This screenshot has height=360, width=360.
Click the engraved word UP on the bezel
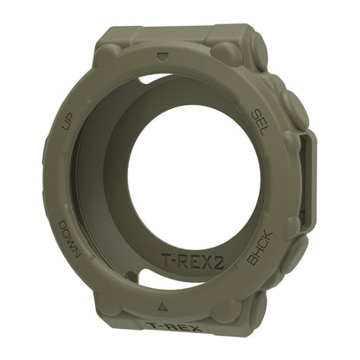[x=68, y=123]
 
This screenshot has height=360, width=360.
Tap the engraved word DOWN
[x=69, y=240]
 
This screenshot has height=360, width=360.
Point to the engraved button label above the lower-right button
[x=260, y=247]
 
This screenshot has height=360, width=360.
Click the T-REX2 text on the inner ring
[x=193, y=260]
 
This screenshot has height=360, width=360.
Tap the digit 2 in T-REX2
[x=219, y=263]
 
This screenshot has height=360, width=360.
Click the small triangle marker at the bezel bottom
[x=163, y=306]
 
